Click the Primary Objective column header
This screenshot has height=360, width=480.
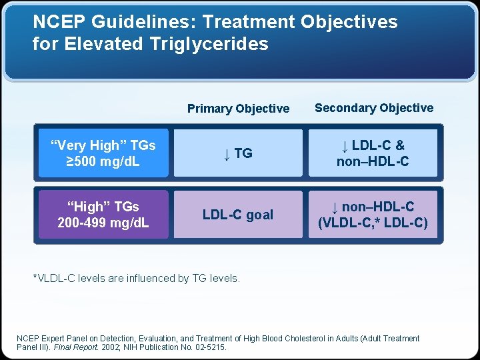(238, 109)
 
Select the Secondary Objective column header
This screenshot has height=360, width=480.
(373, 108)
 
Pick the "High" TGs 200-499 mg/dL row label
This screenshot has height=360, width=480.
(103, 215)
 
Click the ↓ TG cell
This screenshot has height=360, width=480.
(238, 153)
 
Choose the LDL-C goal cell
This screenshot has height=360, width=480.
(238, 215)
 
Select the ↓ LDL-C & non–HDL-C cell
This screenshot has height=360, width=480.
(373, 153)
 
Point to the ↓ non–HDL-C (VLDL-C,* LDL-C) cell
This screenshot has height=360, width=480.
(373, 215)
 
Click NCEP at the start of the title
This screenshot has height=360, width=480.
(55, 22)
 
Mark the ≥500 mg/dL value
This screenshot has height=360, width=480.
(103, 161)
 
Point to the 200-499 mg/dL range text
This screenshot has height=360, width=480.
(103, 223)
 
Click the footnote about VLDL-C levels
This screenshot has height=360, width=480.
(137, 279)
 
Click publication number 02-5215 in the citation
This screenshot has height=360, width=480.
(209, 347)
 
